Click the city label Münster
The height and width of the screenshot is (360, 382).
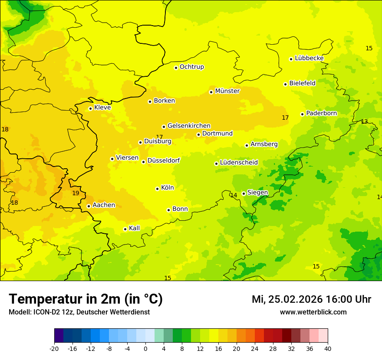pyautogui.click(x=227, y=91)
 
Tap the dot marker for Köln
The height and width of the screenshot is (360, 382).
pyautogui.click(x=157, y=189)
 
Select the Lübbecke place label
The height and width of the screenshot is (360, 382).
pyautogui.click(x=309, y=58)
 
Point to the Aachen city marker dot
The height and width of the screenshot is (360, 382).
pyautogui.click(x=89, y=206)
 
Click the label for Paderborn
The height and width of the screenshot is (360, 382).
pyautogui.click(x=321, y=113)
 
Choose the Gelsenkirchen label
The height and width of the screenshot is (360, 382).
pyautogui.click(x=189, y=126)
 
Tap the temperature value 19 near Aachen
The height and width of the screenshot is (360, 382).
pyautogui.click(x=76, y=193)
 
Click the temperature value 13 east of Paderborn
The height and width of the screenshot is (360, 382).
pyautogui.click(x=364, y=122)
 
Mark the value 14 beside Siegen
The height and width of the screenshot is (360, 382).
pyautogui.click(x=234, y=196)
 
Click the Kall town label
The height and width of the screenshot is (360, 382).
pyautogui.click(x=134, y=228)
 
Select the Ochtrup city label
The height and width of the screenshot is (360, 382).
pyautogui.click(x=191, y=67)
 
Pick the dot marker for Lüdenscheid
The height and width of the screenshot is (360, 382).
pyautogui.click(x=216, y=164)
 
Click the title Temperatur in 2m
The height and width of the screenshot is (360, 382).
pyautogui.click(x=86, y=299)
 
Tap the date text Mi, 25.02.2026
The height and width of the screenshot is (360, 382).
pyautogui.click(x=288, y=299)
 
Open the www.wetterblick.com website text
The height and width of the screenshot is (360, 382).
pyautogui.click(x=313, y=312)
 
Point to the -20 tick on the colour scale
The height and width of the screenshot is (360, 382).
pyautogui.click(x=54, y=348)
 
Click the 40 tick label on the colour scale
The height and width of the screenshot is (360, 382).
pyautogui.click(x=328, y=348)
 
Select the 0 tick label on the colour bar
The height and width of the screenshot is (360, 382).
pyautogui.click(x=145, y=348)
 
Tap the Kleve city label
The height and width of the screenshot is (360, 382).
pyautogui.click(x=102, y=108)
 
